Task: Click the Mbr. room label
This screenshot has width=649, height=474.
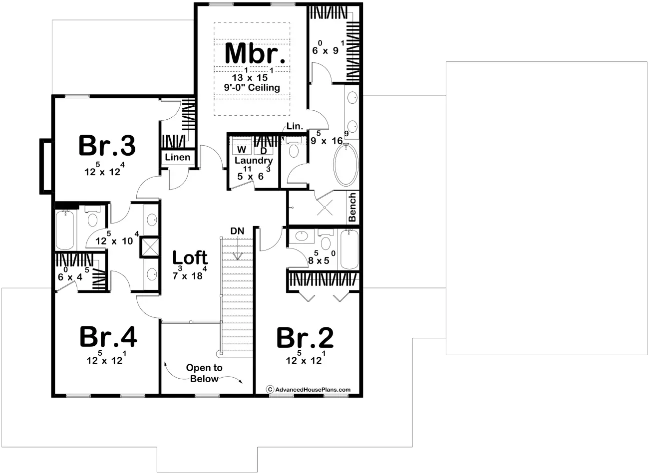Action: pyautogui.click(x=256, y=53)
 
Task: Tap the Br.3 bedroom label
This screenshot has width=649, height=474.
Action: pyautogui.click(x=107, y=146)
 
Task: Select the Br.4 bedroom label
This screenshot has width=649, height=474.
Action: pyautogui.click(x=108, y=337)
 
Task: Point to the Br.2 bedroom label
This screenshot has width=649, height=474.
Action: pyautogui.click(x=305, y=338)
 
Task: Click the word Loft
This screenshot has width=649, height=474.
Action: pyautogui.click(x=190, y=258)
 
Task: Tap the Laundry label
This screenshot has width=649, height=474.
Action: pyautogui.click(x=254, y=161)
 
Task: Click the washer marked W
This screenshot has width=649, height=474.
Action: pyautogui.click(x=242, y=150)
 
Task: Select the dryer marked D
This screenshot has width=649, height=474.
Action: pyautogui.click(x=264, y=150)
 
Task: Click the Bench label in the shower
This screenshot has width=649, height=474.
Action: pyautogui.click(x=352, y=207)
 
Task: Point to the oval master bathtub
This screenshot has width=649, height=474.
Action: pyautogui.click(x=345, y=164)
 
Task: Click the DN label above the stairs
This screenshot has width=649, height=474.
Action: pyautogui.click(x=237, y=231)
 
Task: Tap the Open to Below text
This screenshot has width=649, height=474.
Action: pyautogui.click(x=204, y=373)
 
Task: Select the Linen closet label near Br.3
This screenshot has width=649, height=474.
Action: pyautogui.click(x=178, y=157)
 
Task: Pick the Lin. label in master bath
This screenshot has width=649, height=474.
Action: pyautogui.click(x=295, y=127)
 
